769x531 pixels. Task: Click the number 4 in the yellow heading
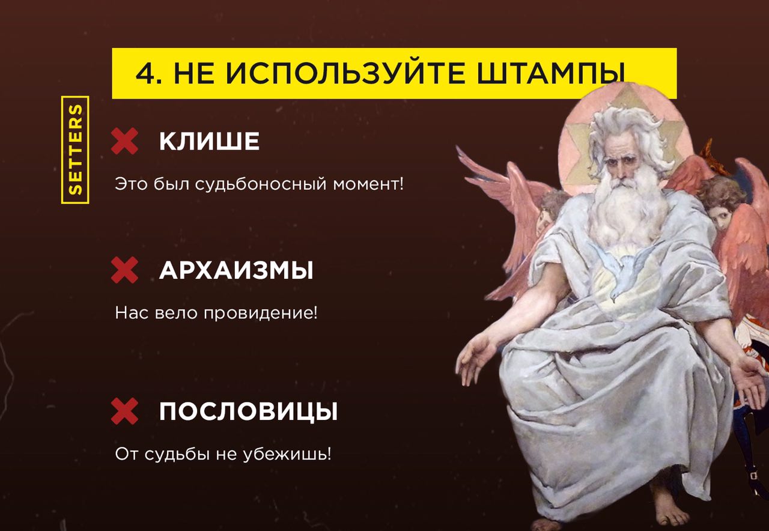(x=145, y=73)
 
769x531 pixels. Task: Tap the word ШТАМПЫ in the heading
(x=550, y=74)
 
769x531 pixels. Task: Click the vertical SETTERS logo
(x=75, y=150)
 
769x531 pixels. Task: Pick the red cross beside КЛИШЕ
(x=124, y=141)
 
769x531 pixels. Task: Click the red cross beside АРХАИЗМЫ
(x=124, y=270)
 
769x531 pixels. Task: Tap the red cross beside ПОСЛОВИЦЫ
(x=124, y=411)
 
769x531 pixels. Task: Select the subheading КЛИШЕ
(x=209, y=141)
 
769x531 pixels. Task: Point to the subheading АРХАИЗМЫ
(x=236, y=270)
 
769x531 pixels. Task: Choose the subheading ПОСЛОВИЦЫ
(x=248, y=411)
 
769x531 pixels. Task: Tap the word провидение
(x=261, y=314)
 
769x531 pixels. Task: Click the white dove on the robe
(x=623, y=275)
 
